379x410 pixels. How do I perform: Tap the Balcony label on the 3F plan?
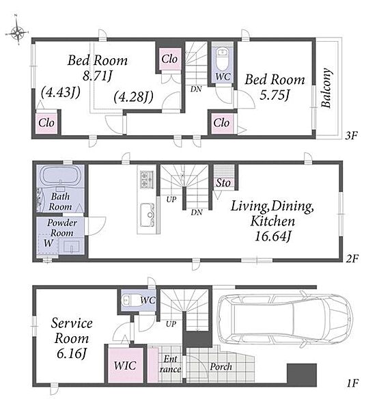coord(326,88)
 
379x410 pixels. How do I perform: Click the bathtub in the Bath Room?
coord(60,174)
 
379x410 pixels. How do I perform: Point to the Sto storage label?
coord(223,182)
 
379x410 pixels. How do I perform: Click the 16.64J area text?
coord(272,236)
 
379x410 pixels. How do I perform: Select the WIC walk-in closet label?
coord(125,366)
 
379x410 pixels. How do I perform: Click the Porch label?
coord(221,367)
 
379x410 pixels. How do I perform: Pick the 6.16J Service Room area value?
coord(71,354)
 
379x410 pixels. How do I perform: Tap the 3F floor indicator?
coord(351,135)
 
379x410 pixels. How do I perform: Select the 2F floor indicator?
coord(352,258)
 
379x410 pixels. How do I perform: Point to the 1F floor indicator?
coord(352,383)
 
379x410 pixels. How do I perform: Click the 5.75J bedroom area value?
coord(275,95)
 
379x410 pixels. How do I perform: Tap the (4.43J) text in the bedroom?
coord(60,92)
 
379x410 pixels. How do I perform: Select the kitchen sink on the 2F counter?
coord(147,215)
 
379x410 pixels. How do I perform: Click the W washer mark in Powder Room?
coord(48,243)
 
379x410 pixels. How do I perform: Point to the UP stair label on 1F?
coord(171,324)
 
